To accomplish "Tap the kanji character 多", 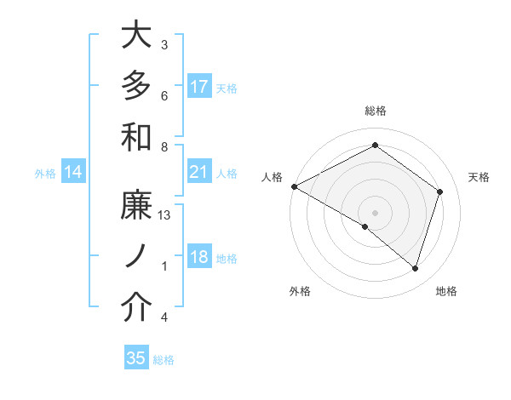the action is click(136, 85).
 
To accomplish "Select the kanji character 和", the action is click(136, 136).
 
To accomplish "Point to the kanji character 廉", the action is click(136, 207).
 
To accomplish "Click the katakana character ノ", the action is click(136, 257).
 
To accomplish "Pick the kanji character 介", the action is click(136, 308).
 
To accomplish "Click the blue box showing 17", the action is click(199, 86).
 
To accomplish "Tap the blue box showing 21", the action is click(199, 172).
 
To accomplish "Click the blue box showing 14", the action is click(73, 173).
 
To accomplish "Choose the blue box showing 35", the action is click(136, 358).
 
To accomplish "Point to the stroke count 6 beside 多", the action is click(164, 95).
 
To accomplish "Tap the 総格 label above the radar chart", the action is click(376, 111).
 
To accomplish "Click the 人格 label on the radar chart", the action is click(273, 177).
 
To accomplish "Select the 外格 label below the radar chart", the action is click(300, 292).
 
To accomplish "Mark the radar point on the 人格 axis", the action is click(294, 186).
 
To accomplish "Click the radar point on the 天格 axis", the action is click(440, 191).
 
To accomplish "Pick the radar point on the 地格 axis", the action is click(415, 268).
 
